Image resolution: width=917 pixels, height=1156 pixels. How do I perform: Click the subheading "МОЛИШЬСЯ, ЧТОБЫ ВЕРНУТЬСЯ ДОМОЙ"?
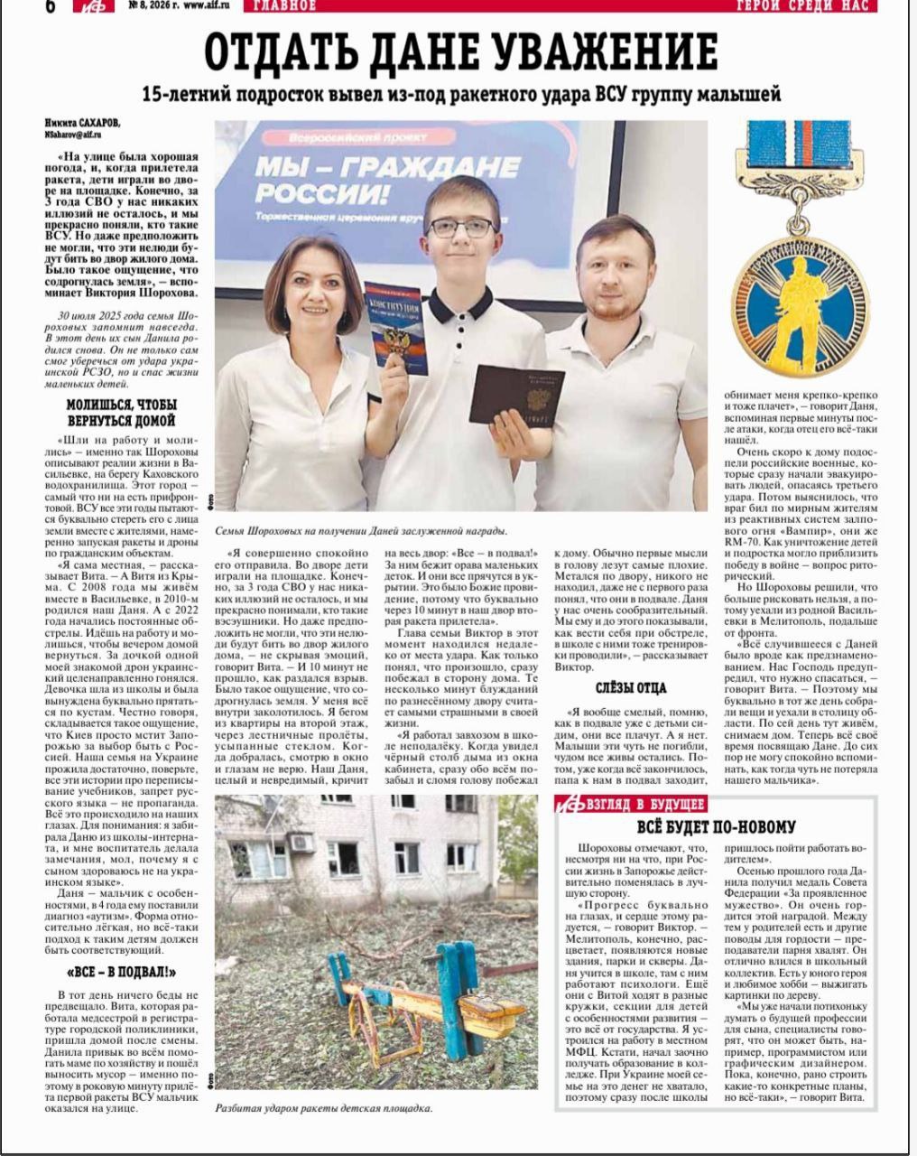(122, 413)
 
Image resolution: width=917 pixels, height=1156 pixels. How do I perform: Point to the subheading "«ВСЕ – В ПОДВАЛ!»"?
(122, 973)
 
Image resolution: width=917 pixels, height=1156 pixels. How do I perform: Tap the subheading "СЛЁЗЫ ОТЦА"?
(631, 688)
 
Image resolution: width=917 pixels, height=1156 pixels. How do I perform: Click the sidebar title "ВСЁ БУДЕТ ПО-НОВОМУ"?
(717, 826)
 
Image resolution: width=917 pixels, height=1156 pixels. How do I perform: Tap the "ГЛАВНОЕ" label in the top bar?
(285, 6)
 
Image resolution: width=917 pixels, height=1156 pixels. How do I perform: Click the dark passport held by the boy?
(519, 395)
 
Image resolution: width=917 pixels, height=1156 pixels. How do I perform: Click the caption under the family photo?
(361, 531)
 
